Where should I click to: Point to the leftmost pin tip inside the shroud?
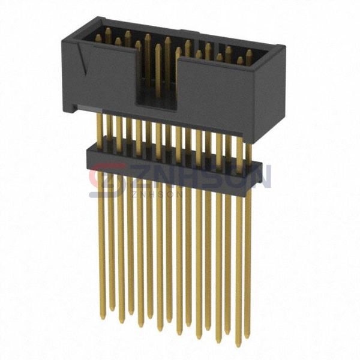click(x=98, y=38)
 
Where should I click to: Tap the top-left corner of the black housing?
click(x=63, y=38)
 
